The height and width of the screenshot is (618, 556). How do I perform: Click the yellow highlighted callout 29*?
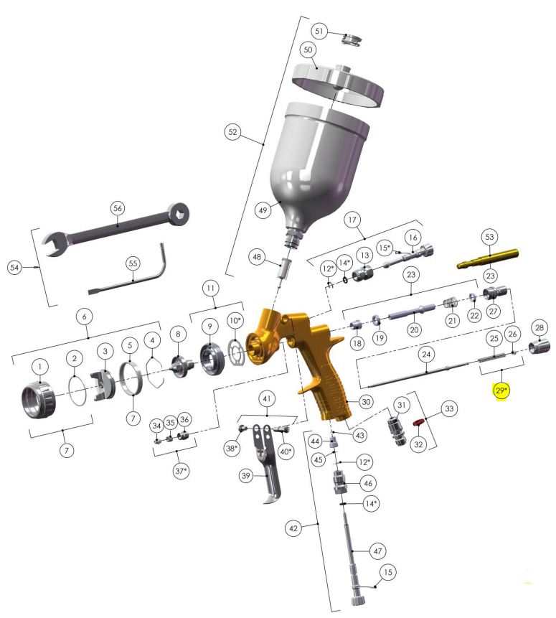click(501, 390)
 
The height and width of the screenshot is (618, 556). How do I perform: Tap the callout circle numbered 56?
click(118, 208)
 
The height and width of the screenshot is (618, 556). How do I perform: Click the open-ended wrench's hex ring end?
click(178, 213)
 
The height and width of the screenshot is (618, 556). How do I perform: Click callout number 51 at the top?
click(319, 31)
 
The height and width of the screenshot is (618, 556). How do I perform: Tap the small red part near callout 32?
click(418, 423)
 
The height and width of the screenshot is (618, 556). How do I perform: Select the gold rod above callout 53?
click(488, 258)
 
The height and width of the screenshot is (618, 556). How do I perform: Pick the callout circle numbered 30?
click(366, 402)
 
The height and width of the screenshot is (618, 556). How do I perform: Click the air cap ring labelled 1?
click(38, 401)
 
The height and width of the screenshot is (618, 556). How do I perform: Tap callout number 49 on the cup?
click(263, 210)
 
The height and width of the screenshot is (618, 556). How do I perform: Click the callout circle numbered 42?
click(293, 528)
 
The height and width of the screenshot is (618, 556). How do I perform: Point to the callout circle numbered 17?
click(352, 220)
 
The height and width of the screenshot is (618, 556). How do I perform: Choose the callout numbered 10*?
click(235, 320)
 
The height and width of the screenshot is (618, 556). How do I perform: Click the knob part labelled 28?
click(539, 347)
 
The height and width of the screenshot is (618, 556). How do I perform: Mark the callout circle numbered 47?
click(377, 551)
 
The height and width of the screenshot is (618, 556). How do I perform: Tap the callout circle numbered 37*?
click(181, 471)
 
